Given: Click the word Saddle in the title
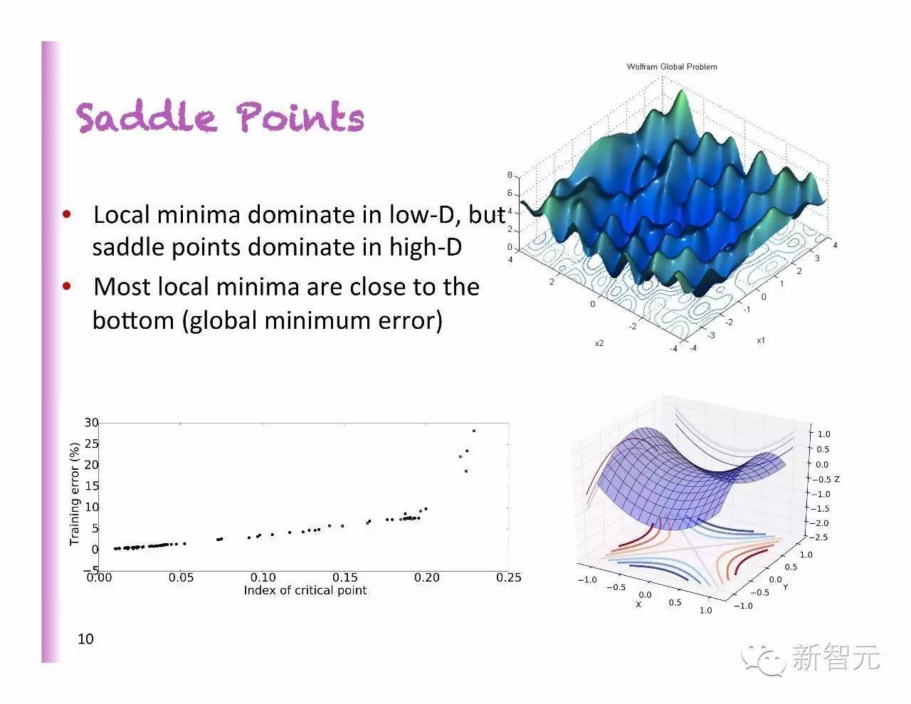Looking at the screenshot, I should point(146,117).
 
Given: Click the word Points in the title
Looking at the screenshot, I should point(300,117).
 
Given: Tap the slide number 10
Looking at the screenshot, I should point(85,639).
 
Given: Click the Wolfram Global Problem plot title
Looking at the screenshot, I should point(671,67).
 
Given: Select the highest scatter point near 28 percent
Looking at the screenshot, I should point(474,431).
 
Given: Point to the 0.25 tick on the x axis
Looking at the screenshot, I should point(509,578).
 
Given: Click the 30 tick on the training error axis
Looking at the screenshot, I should point(91,423).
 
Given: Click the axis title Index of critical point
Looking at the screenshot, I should point(305,591).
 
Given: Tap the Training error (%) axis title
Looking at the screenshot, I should point(75,494).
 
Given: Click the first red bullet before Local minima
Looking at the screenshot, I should point(67,214).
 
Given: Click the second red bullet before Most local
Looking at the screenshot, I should point(67,287).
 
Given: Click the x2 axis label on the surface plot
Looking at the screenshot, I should point(599,343).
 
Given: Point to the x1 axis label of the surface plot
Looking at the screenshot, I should point(761,340).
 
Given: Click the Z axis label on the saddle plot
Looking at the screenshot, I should point(837,479).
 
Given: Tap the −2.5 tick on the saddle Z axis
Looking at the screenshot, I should point(821,538).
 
